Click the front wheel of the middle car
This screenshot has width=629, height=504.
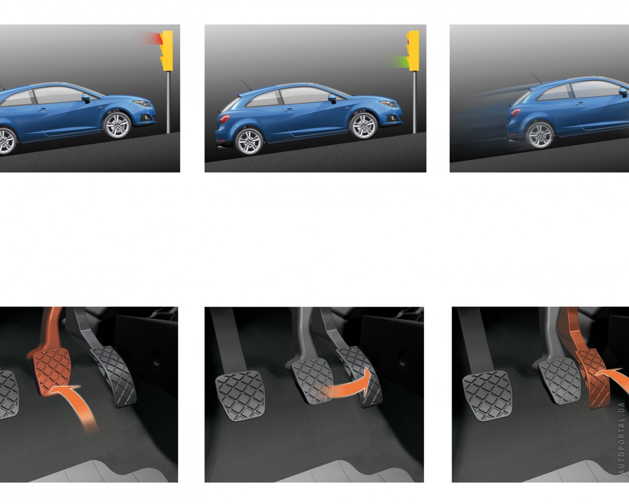[364, 126]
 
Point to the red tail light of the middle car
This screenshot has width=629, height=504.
[225, 119]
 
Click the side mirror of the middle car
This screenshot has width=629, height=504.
[333, 98]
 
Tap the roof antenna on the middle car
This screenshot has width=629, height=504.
[246, 85]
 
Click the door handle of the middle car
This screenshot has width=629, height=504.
[289, 110]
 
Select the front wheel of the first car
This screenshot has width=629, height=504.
[117, 126]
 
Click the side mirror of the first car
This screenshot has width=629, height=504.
[86, 98]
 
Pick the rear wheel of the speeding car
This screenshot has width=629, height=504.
[540, 135]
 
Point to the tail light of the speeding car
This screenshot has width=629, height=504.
[515, 112]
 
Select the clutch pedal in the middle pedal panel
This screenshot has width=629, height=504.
[240, 395]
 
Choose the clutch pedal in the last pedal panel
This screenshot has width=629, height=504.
[487, 395]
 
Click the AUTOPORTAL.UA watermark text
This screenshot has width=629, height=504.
[621, 438]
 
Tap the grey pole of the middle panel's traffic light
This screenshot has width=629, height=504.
[414, 102]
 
